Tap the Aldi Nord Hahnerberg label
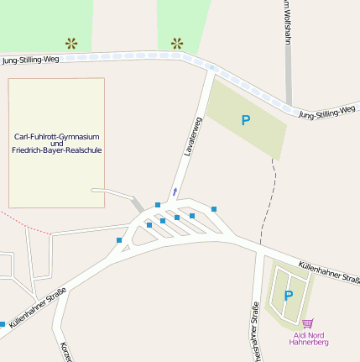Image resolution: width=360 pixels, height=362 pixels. [x=308, y=338]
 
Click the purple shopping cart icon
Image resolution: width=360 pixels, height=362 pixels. [x=307, y=323]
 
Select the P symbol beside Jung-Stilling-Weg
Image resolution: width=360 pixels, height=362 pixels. [x=246, y=121]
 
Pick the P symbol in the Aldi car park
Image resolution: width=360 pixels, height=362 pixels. [x=288, y=296]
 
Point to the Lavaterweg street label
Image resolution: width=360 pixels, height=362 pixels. [x=192, y=137]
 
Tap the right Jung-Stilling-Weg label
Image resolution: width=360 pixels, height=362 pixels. [x=326, y=112]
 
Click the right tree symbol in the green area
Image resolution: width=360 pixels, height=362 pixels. [x=177, y=43]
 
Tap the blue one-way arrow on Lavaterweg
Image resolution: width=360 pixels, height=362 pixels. [x=175, y=192]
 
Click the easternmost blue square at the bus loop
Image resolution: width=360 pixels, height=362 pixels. [x=214, y=209]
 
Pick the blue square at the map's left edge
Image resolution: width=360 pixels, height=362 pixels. [x=3, y=324]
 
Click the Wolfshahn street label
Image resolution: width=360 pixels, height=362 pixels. [x=287, y=21]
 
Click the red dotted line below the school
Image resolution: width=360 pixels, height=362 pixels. [x=25, y=225]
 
